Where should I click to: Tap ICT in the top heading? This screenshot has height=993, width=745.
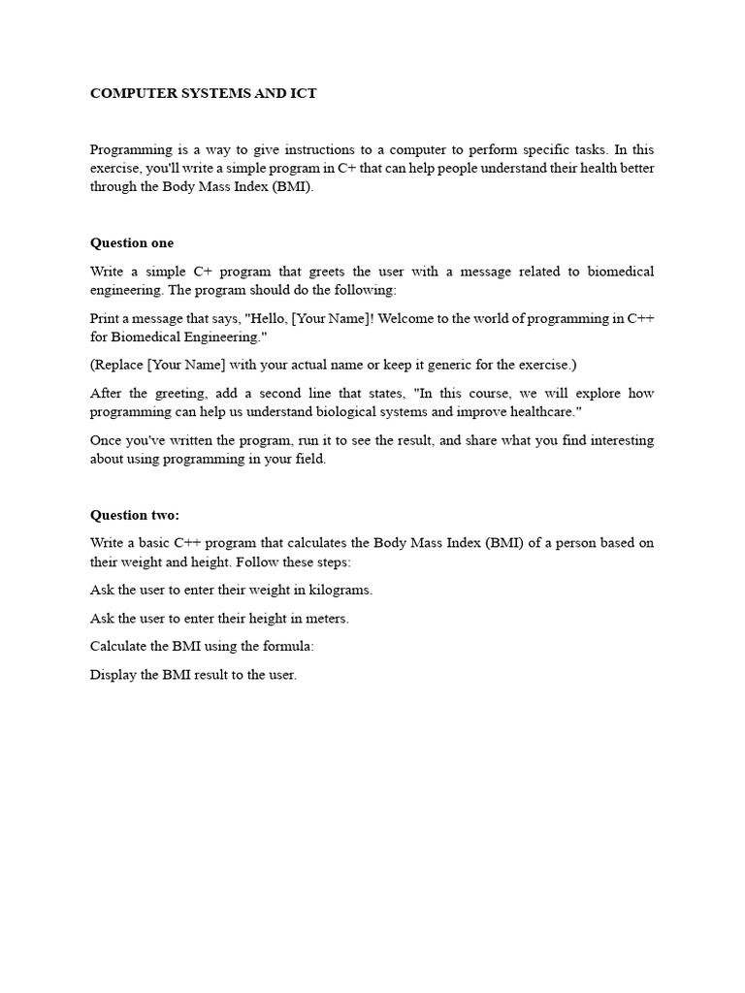point(303,94)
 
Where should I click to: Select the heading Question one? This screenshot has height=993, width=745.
point(132,242)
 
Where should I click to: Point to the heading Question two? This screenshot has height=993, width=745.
point(135,515)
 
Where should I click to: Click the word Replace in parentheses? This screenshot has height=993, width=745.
point(117,365)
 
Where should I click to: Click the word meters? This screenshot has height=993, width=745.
point(325,618)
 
